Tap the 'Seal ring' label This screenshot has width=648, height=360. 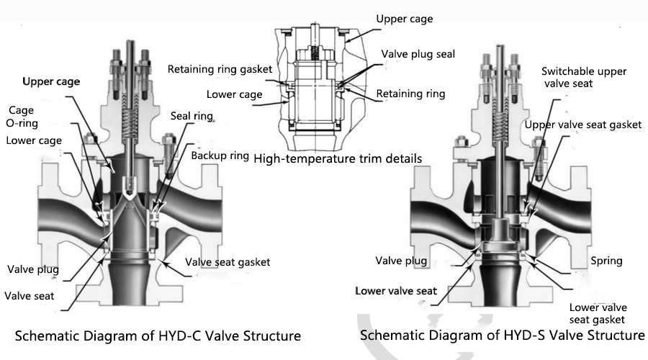[x=192, y=116]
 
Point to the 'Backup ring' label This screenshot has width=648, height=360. [x=220, y=156]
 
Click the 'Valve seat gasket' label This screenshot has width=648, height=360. [x=228, y=262]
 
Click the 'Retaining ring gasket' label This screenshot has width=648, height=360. [x=220, y=70]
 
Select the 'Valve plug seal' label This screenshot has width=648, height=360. [x=418, y=55]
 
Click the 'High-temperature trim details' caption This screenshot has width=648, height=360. [x=338, y=158]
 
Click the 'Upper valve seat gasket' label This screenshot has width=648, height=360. [x=582, y=125]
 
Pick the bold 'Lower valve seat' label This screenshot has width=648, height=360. [x=395, y=291]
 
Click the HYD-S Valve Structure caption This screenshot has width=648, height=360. [x=502, y=336]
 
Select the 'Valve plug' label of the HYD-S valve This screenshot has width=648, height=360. [x=400, y=261]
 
